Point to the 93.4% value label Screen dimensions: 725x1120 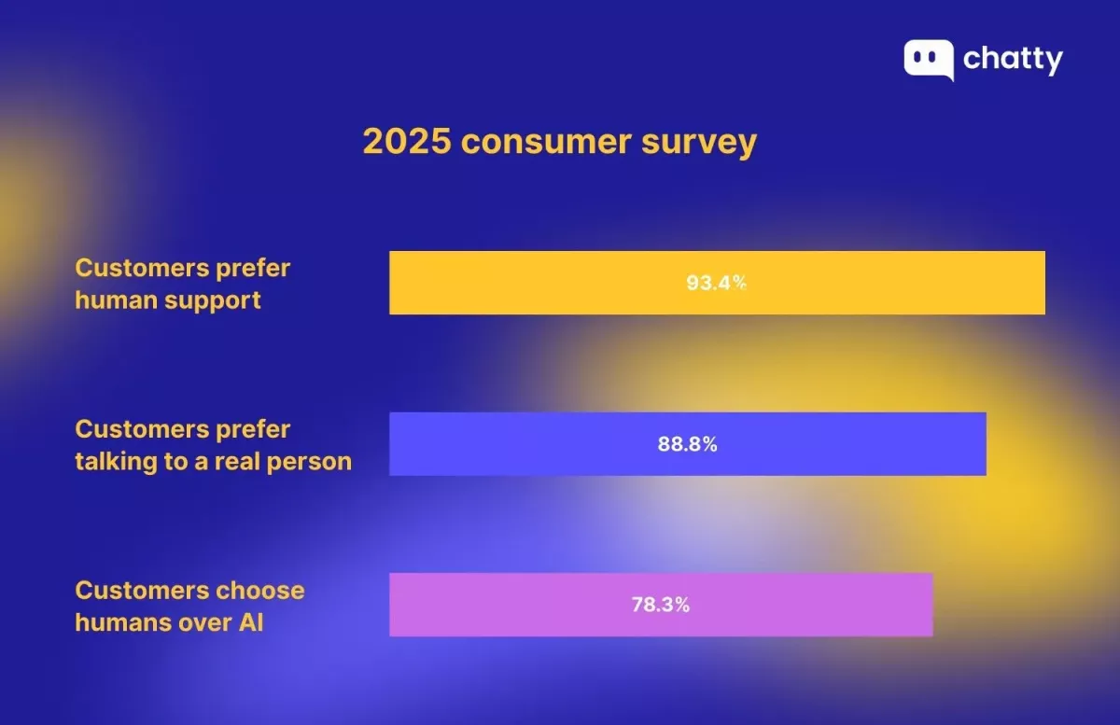point(716,283)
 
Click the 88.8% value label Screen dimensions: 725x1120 point(687,444)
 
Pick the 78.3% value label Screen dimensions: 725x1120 point(660,605)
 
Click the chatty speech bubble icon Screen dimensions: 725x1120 point(928,59)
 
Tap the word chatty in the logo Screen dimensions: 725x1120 point(1013,60)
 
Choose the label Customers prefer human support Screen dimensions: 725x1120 point(182,284)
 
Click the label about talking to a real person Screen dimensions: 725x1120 point(213,445)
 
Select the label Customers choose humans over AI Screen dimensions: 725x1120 point(189,606)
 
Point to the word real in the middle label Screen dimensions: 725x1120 point(238,461)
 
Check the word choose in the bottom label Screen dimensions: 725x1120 point(260,590)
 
